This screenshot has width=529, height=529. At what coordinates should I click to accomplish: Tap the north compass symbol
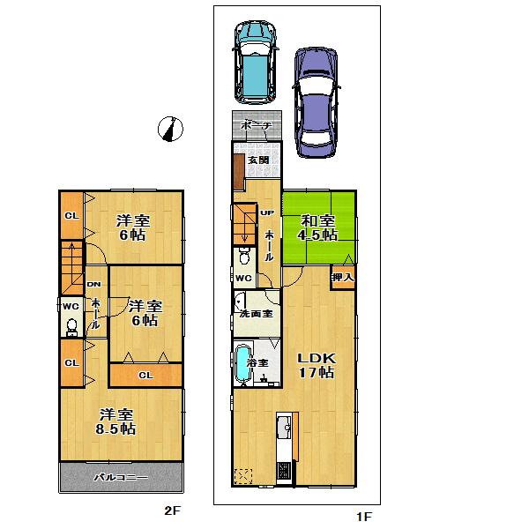coord(169,129)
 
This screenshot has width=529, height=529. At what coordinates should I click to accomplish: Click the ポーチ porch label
coord(257,126)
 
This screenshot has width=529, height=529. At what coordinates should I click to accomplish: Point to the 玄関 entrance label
coord(257,160)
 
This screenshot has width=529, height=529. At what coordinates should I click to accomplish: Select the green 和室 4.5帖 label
coord(318,227)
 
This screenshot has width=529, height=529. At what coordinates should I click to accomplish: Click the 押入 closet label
coord(344,278)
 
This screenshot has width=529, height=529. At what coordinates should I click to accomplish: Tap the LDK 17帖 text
coord(315,366)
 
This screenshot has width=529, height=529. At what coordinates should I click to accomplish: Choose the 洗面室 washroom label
coord(255,314)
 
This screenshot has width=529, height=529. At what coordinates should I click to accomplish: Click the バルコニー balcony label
coord(121,479)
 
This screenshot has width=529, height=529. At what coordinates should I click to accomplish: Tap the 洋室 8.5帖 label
coord(116,421)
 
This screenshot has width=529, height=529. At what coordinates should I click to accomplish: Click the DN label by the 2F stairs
coord(93,285)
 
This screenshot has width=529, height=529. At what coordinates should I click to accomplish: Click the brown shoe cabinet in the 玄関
coord(238,171)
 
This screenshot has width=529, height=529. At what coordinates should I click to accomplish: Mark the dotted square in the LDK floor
coord(244,476)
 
